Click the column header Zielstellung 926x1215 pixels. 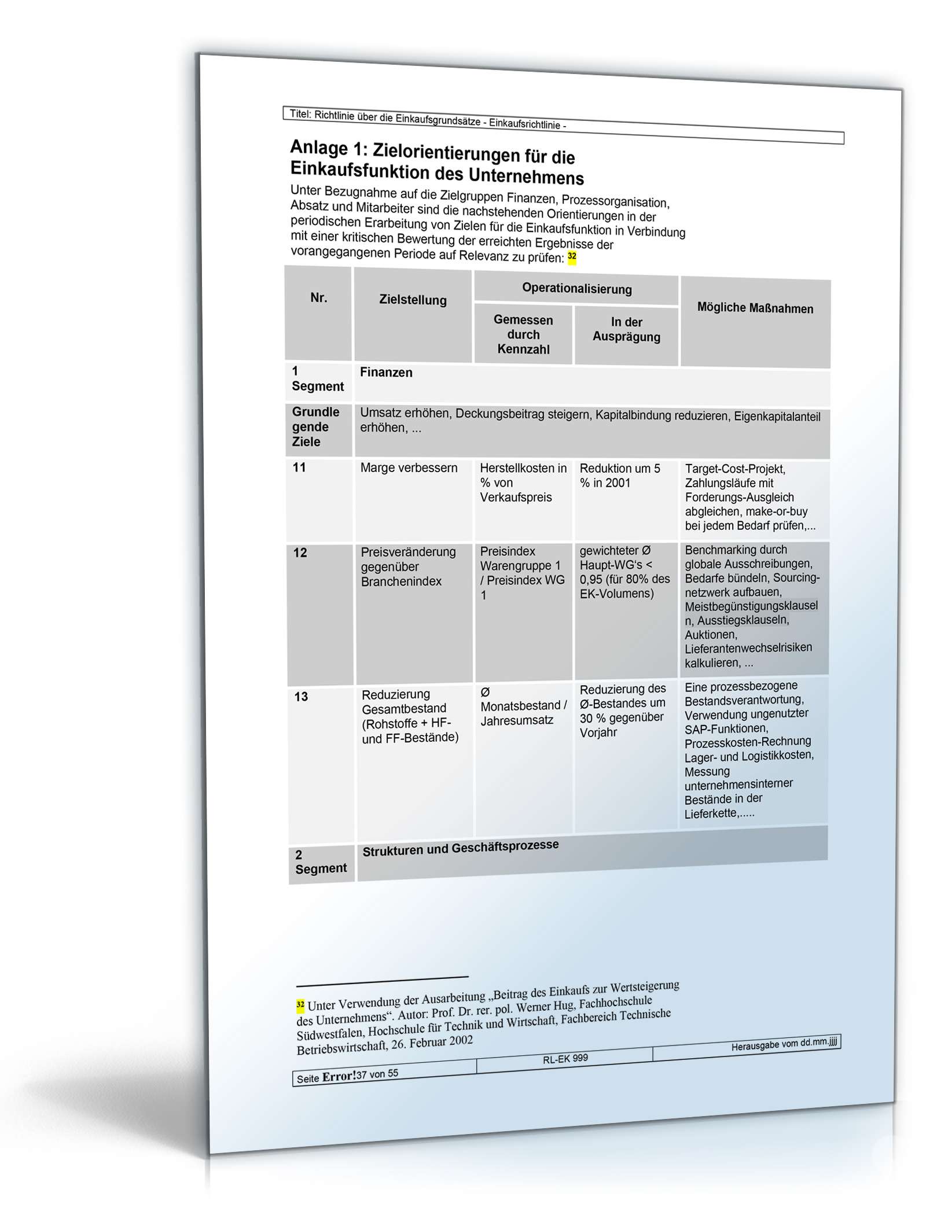pos(413,300)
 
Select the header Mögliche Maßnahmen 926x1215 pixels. pos(755,308)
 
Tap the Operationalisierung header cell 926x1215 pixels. pos(576,288)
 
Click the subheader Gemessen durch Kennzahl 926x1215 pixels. pos(523,334)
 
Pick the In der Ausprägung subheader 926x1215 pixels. pos(626,330)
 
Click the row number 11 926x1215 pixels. pos(299,467)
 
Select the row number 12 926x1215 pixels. pos(300,553)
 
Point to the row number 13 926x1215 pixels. pos(301,697)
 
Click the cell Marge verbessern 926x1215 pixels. pos(409,467)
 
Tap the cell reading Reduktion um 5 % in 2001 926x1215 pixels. pos(619,476)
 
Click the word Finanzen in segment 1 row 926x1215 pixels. pos(386,373)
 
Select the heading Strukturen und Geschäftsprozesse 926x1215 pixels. pos(460,848)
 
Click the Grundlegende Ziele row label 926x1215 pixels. pos(315,427)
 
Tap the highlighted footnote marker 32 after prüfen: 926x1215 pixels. pos(572,256)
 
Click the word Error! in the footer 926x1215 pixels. pos(339,1077)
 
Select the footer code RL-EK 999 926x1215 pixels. pos(565,1059)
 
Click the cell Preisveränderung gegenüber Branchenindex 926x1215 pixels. pos(407,566)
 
